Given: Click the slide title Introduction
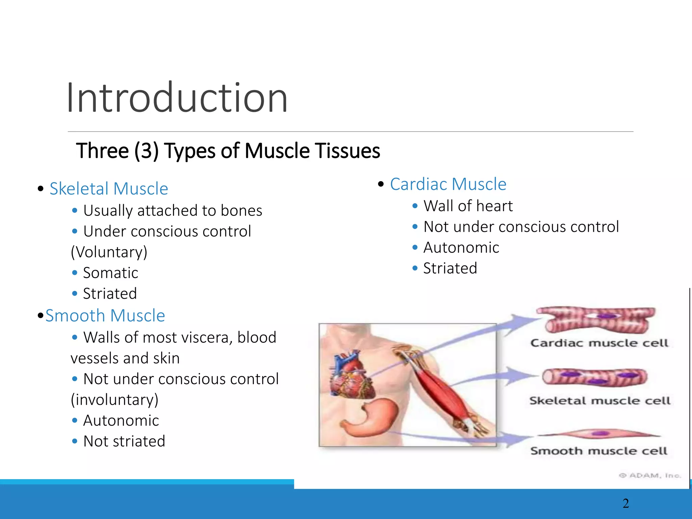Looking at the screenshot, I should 177,98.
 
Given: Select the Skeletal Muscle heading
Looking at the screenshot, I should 108,189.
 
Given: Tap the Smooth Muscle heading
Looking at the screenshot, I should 105,316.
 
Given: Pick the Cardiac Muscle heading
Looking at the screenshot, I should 448,184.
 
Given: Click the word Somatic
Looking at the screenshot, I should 110,273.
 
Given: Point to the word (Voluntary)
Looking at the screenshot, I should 109,252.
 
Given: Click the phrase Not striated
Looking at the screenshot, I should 124,441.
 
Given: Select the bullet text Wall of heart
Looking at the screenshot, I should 468,206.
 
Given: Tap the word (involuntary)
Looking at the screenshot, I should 114,400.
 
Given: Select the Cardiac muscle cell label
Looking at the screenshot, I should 599,343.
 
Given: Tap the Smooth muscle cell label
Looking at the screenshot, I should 599,451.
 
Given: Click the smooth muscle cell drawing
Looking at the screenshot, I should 599,434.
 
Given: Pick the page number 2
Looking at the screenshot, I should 626,503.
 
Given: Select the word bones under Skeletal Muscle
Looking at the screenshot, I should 241,211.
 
